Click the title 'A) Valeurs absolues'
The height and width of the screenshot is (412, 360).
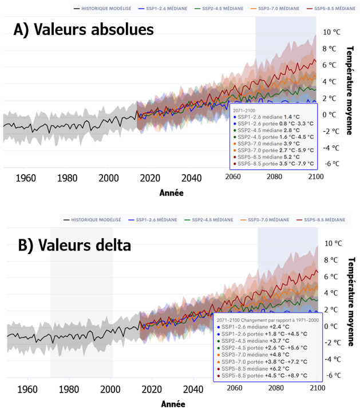pyautogui.click(x=84, y=30)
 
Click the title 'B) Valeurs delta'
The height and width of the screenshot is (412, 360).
pyautogui.click(x=74, y=245)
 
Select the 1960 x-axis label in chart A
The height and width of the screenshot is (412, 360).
pyautogui.click(x=25, y=177)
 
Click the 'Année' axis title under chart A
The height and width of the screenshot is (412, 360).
pyautogui.click(x=171, y=193)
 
